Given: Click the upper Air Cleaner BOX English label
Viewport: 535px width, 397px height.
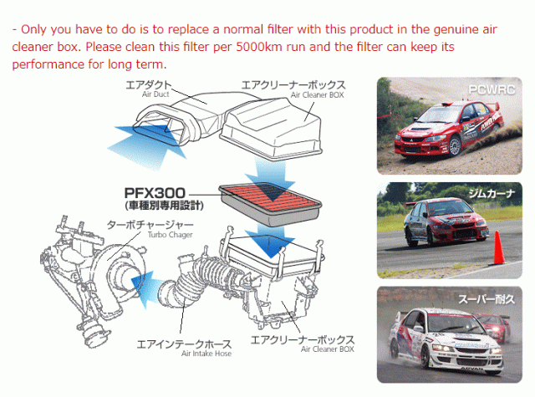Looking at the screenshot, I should (x=319, y=97).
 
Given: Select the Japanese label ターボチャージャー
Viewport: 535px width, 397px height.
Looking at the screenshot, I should (x=150, y=225).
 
